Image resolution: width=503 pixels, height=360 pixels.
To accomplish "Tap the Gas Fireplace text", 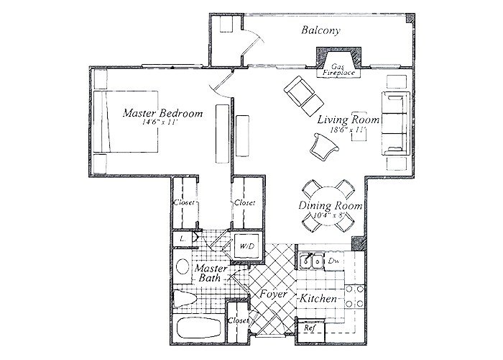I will click(x=337, y=70).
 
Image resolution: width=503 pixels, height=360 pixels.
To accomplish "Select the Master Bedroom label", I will click(x=162, y=114).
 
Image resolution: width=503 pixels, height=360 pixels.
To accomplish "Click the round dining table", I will click(x=328, y=207).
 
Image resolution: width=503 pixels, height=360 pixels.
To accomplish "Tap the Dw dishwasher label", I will click(x=333, y=259).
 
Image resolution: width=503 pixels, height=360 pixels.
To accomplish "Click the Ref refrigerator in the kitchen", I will click(x=310, y=328).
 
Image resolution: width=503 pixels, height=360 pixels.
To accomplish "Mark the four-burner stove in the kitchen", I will click(x=353, y=297).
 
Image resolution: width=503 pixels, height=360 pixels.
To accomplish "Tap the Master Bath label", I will click(x=209, y=273).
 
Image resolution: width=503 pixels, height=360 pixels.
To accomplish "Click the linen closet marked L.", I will click(x=184, y=238).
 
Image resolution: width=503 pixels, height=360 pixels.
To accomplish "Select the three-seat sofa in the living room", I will click(x=394, y=122).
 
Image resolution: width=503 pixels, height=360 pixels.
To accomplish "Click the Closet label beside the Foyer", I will click(x=236, y=320).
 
